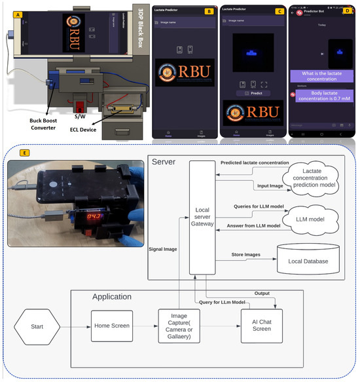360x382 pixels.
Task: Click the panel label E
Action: click(25, 153)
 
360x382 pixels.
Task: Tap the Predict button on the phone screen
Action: click(252, 93)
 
